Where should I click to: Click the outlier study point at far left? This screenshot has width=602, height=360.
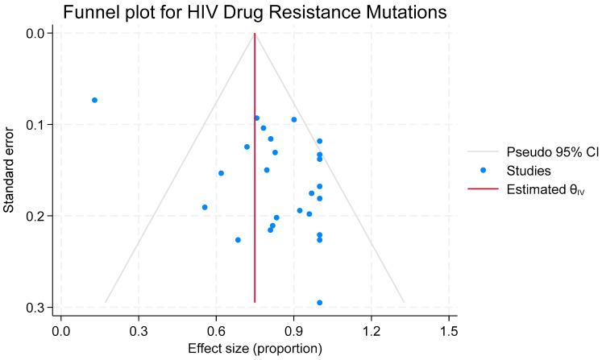[94, 100]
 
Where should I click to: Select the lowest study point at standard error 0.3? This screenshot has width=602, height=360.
[320, 303]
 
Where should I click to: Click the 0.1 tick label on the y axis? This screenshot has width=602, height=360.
[38, 125]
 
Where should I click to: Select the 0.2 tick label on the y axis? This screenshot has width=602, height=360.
[38, 216]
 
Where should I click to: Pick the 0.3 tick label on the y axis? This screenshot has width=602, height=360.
[38, 308]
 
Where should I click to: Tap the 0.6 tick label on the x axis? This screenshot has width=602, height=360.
[216, 330]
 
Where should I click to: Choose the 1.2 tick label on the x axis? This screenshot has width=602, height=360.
[372, 330]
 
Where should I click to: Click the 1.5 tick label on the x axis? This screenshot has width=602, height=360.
[449, 330]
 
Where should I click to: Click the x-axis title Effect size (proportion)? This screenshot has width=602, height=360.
[255, 349]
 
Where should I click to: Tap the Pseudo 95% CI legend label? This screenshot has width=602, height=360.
[546, 151]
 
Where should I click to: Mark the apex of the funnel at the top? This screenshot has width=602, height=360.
[255, 34]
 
